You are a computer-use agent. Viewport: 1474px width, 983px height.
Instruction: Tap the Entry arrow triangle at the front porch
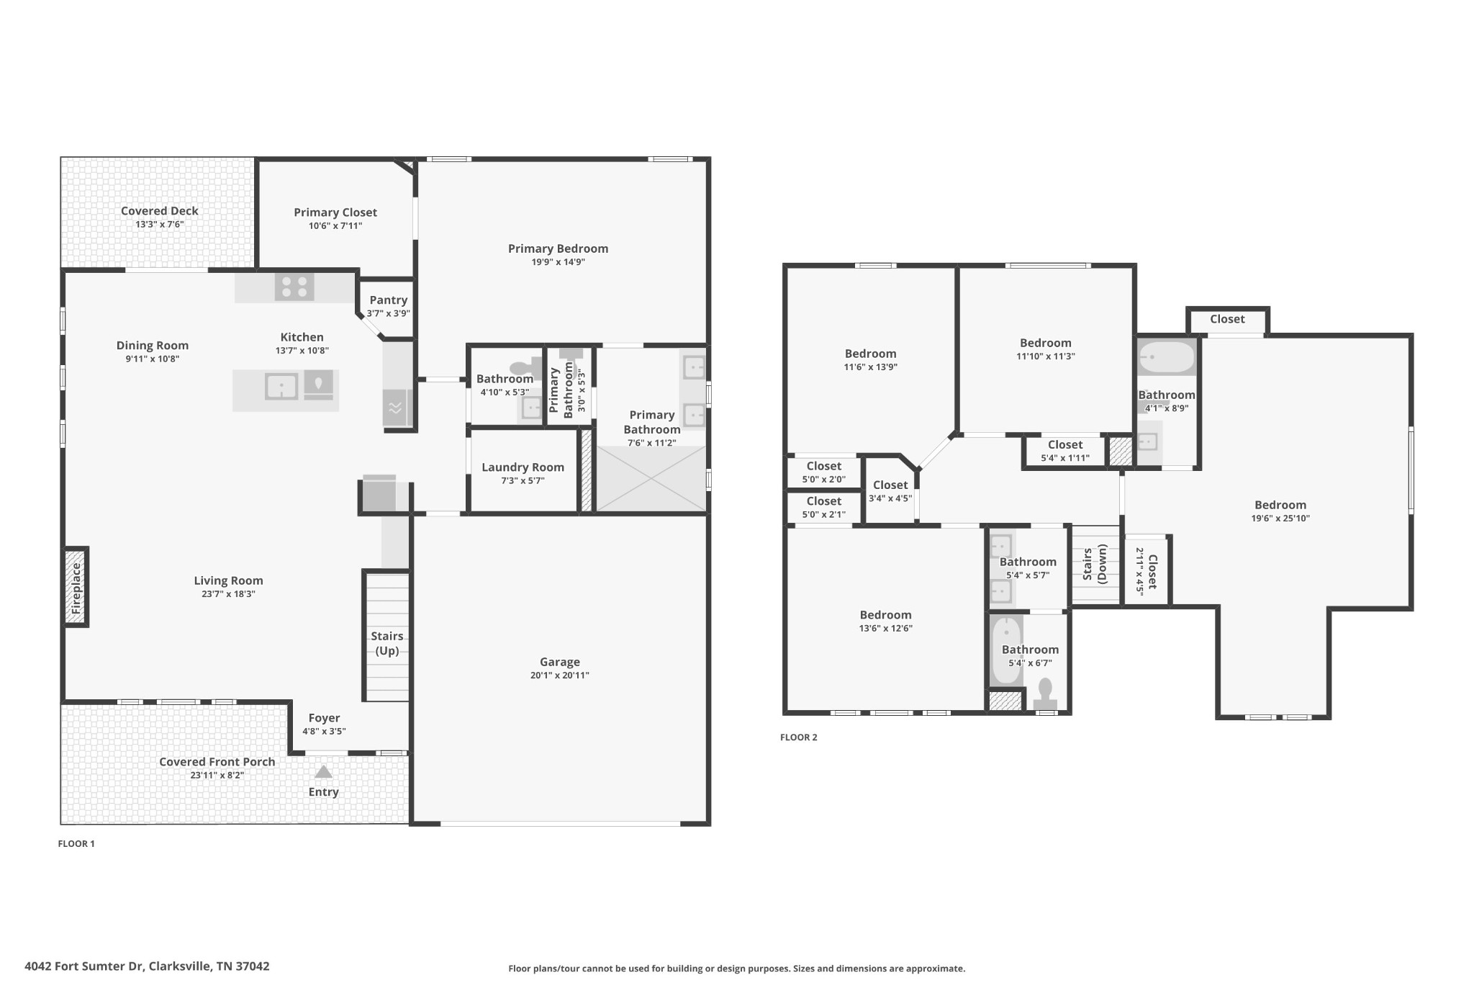[323, 772]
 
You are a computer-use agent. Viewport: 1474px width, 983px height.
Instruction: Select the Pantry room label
[389, 300]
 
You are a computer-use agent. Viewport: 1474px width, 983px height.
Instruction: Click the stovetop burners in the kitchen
[294, 287]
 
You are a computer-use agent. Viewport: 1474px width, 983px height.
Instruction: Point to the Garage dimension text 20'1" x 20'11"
[559, 675]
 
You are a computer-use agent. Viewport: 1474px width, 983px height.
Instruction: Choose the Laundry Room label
[523, 467]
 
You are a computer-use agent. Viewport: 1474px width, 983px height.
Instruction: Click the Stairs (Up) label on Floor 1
[387, 643]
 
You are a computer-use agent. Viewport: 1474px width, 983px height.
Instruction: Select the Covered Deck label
[160, 211]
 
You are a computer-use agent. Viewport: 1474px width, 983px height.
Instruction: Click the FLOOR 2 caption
[799, 737]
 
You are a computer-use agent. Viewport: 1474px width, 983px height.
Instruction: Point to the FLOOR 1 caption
[76, 844]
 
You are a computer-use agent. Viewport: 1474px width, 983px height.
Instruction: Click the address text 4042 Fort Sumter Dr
[85, 966]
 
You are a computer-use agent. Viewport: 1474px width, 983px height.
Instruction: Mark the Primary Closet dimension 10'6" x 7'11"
[335, 226]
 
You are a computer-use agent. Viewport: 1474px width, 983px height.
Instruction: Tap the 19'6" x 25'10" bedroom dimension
[1280, 519]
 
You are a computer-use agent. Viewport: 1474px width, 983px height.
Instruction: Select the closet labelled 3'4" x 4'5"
[890, 491]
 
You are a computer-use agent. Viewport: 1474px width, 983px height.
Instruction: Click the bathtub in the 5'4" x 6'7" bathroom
[1005, 651]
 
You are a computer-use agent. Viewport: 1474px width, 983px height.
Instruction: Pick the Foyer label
[324, 718]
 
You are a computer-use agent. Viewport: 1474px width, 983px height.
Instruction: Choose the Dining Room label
[153, 346]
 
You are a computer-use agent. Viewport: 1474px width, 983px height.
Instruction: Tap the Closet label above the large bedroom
[1227, 319]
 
